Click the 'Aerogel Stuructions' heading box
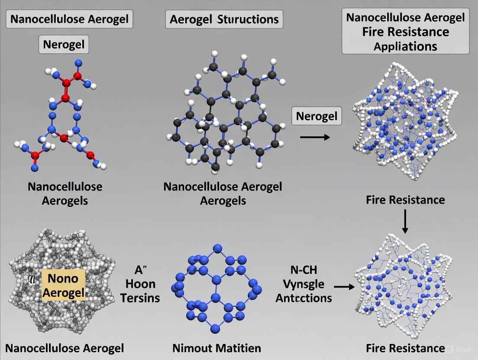[x=224, y=20]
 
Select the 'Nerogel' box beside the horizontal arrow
[x=317, y=116]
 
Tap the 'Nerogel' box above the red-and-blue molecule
[x=65, y=44]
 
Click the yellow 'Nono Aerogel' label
[x=63, y=285]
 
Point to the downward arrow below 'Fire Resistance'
[x=405, y=221]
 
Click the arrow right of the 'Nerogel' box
[x=314, y=137]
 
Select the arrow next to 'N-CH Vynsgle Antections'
[x=344, y=286]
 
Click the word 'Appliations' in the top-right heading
[x=405, y=46]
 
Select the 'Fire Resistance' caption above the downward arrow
[x=405, y=199]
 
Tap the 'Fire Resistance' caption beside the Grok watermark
[x=405, y=348]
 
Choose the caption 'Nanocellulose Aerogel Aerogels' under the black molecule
[x=223, y=193]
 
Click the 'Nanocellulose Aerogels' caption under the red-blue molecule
[x=65, y=193]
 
